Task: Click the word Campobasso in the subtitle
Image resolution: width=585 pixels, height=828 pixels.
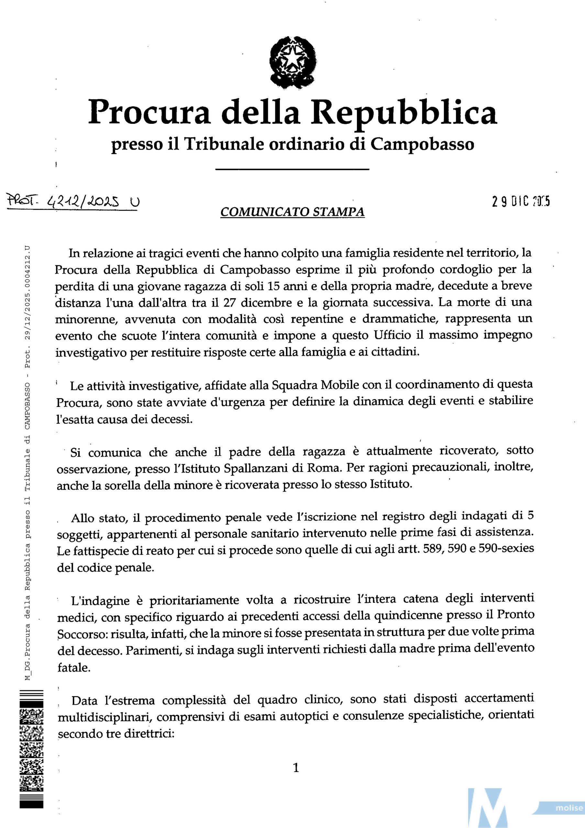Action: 422,145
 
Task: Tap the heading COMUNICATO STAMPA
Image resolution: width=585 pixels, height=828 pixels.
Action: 292,212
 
